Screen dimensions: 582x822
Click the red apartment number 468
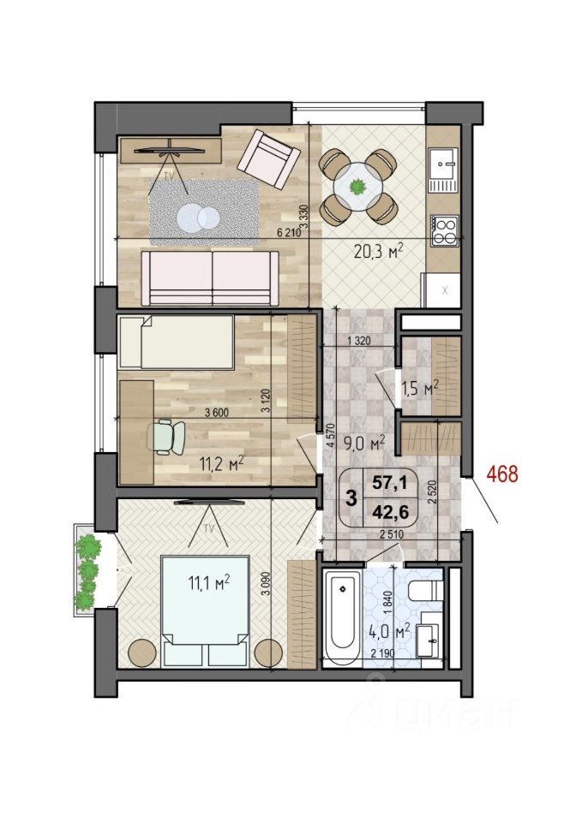click(501, 474)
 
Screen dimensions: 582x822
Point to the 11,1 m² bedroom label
click(209, 582)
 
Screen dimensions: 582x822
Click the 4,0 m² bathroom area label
click(389, 632)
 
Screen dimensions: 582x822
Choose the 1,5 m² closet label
click(420, 389)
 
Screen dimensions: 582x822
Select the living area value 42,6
click(390, 512)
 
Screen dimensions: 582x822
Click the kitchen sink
click(443, 170)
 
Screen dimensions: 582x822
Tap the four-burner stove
click(445, 230)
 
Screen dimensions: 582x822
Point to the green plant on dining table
click(358, 186)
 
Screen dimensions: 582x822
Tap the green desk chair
click(169, 437)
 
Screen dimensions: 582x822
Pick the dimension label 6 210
click(289, 233)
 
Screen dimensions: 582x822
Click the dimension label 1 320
click(359, 340)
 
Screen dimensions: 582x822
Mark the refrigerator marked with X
click(442, 290)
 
